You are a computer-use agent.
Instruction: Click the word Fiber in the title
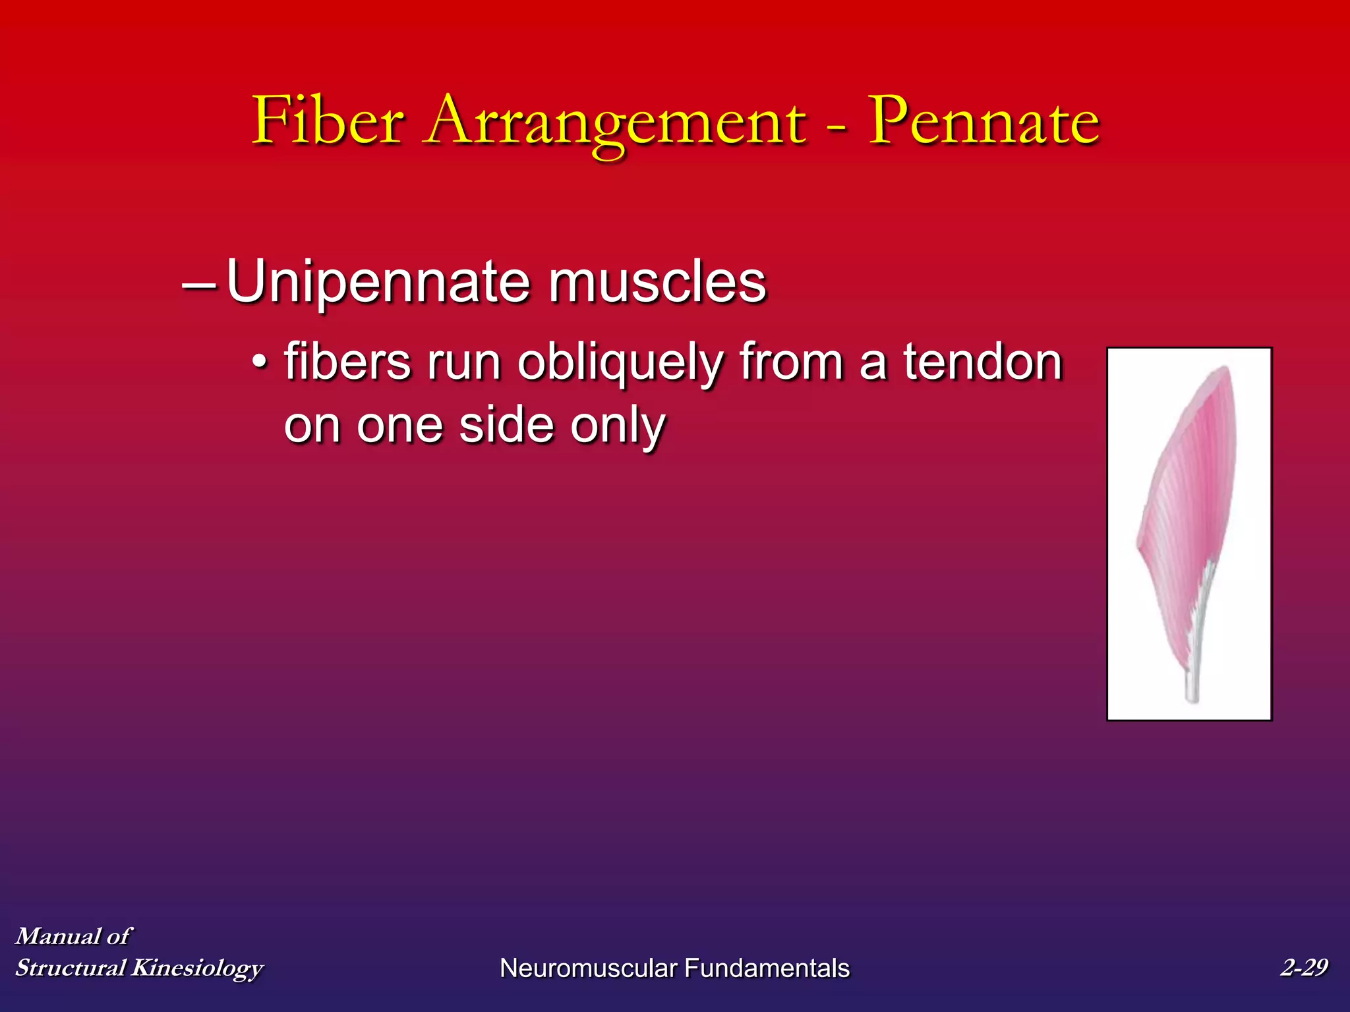pyautogui.click(x=328, y=121)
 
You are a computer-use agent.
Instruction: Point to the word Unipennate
pyautogui.click(x=378, y=282)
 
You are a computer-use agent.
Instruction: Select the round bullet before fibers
pyautogui.click(x=261, y=362)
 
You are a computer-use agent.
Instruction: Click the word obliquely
pyautogui.click(x=620, y=364)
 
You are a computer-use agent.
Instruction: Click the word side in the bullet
pyautogui.click(x=507, y=425)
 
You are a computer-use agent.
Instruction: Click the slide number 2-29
pyautogui.click(x=1303, y=967)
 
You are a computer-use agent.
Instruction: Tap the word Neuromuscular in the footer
pyautogui.click(x=588, y=969)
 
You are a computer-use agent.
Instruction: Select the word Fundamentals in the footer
pyautogui.click(x=767, y=969)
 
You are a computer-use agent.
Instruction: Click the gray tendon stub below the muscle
pyautogui.click(x=1192, y=689)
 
